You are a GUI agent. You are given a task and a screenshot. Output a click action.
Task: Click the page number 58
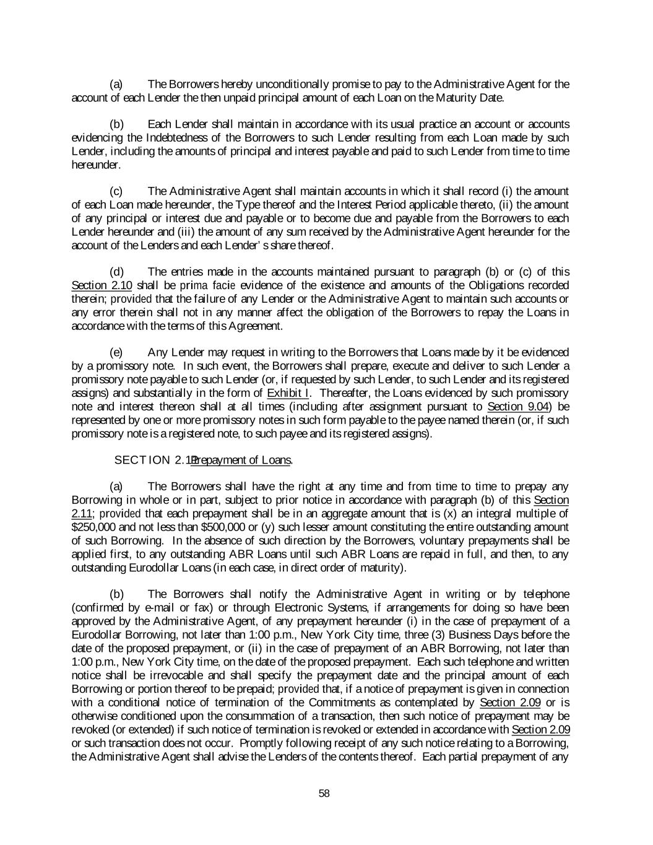324,794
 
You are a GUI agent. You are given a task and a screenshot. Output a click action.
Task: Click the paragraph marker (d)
116,272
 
